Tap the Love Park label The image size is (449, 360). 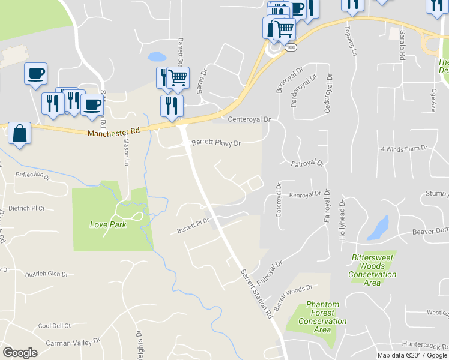point(108,225)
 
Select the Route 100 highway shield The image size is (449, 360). point(291,47)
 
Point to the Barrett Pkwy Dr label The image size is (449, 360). point(216,143)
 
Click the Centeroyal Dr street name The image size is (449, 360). point(250,119)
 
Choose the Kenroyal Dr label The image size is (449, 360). point(306,195)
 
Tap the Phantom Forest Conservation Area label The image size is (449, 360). point(322,317)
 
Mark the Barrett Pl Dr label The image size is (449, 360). point(193,226)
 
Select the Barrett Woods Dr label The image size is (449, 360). point(294,298)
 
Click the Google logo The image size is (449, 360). point(20,353)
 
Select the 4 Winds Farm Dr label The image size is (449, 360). point(403,148)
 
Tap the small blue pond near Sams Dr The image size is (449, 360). point(157,57)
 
